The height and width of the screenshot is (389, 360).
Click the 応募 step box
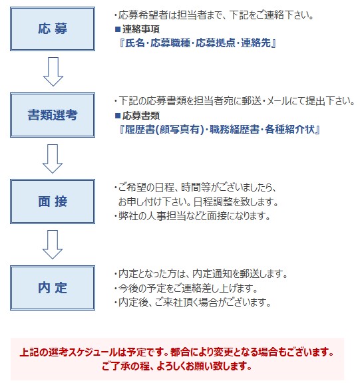pos(53,29)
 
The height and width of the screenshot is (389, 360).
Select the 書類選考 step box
pos(53,115)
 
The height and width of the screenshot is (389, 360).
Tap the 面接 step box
pos(53,201)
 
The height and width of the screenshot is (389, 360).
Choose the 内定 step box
pos(53,288)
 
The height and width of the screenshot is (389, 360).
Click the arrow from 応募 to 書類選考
pos(53,72)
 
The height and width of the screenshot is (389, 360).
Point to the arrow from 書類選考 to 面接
pos(53,158)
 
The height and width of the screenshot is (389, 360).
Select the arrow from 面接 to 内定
pos(53,245)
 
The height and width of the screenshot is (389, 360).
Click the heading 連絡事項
pos(141,29)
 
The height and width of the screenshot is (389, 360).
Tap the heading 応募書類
pos(141,116)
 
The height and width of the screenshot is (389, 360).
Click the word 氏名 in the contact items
pos(135,43)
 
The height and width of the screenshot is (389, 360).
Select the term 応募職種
pos(170,43)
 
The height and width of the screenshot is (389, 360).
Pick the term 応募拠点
pos(216,43)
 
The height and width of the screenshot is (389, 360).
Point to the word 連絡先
pos(256,43)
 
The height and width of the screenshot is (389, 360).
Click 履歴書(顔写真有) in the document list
pos(164,129)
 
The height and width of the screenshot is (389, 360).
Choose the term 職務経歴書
pos(234,129)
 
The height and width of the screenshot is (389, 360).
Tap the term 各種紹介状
pos(289,129)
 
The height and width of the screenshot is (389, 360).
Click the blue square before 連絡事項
pos(118,29)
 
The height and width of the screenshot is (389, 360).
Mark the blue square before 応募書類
pos(118,116)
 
